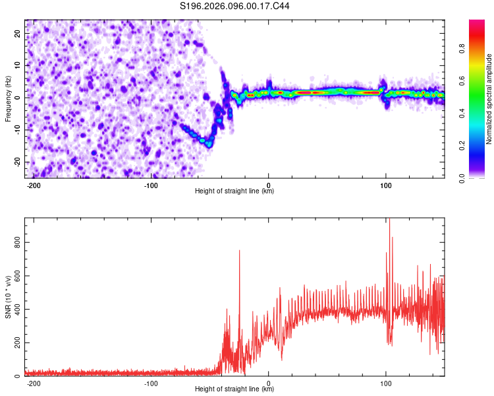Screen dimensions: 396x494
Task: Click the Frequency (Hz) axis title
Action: pos(9,99)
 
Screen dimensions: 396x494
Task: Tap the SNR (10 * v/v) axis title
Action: pos(9,297)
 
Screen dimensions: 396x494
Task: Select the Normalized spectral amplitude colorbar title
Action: pos(489,99)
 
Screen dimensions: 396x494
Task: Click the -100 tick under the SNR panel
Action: pos(151,383)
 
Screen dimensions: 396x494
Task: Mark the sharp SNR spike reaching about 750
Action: pos(239,251)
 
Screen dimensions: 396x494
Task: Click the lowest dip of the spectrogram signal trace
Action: pos(208,143)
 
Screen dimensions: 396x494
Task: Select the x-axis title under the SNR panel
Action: pos(234,389)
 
